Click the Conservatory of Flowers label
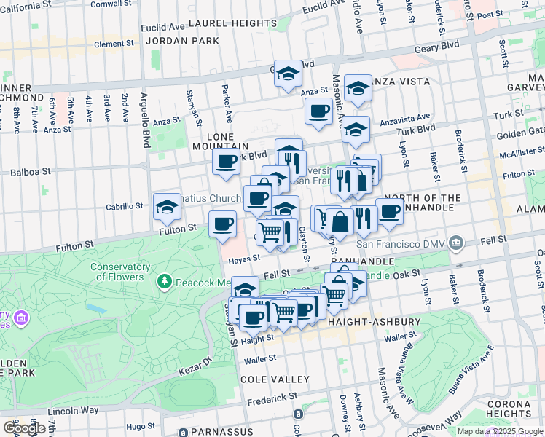point(120,271)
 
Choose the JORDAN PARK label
point(182,40)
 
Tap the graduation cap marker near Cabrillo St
point(167,207)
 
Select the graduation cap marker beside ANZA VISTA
point(358,88)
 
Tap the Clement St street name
point(114,44)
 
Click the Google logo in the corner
point(24,428)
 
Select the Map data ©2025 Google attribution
point(501,431)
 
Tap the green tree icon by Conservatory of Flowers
point(165,281)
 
